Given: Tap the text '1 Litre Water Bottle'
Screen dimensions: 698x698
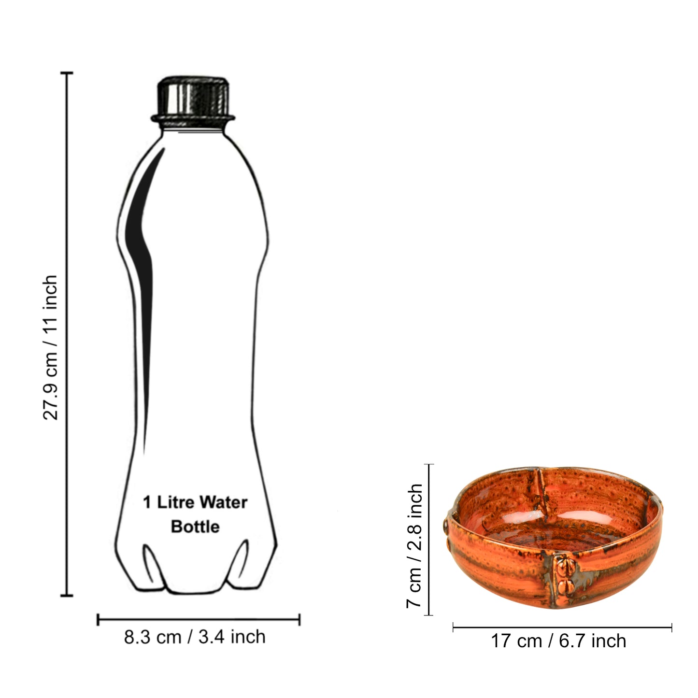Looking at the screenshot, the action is click(x=195, y=514).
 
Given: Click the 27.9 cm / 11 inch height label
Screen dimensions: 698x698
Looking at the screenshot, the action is click(x=51, y=348).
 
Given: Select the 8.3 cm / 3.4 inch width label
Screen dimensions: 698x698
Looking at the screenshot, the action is click(x=195, y=637).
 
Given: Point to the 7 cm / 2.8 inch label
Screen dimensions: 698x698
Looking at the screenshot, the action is click(x=414, y=546).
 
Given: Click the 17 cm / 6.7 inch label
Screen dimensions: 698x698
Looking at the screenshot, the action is click(x=558, y=641).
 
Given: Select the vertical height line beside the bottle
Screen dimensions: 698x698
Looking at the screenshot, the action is click(x=67, y=334).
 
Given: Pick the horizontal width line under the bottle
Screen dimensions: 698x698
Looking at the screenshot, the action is click(x=199, y=620).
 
